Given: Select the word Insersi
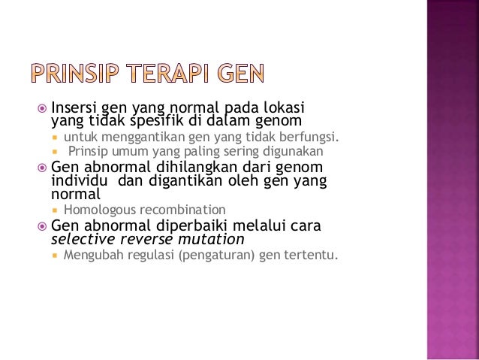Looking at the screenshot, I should (74, 107).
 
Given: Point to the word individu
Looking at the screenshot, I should (78, 181).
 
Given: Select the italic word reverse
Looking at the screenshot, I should (135, 240).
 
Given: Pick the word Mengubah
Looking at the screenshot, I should (94, 256).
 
